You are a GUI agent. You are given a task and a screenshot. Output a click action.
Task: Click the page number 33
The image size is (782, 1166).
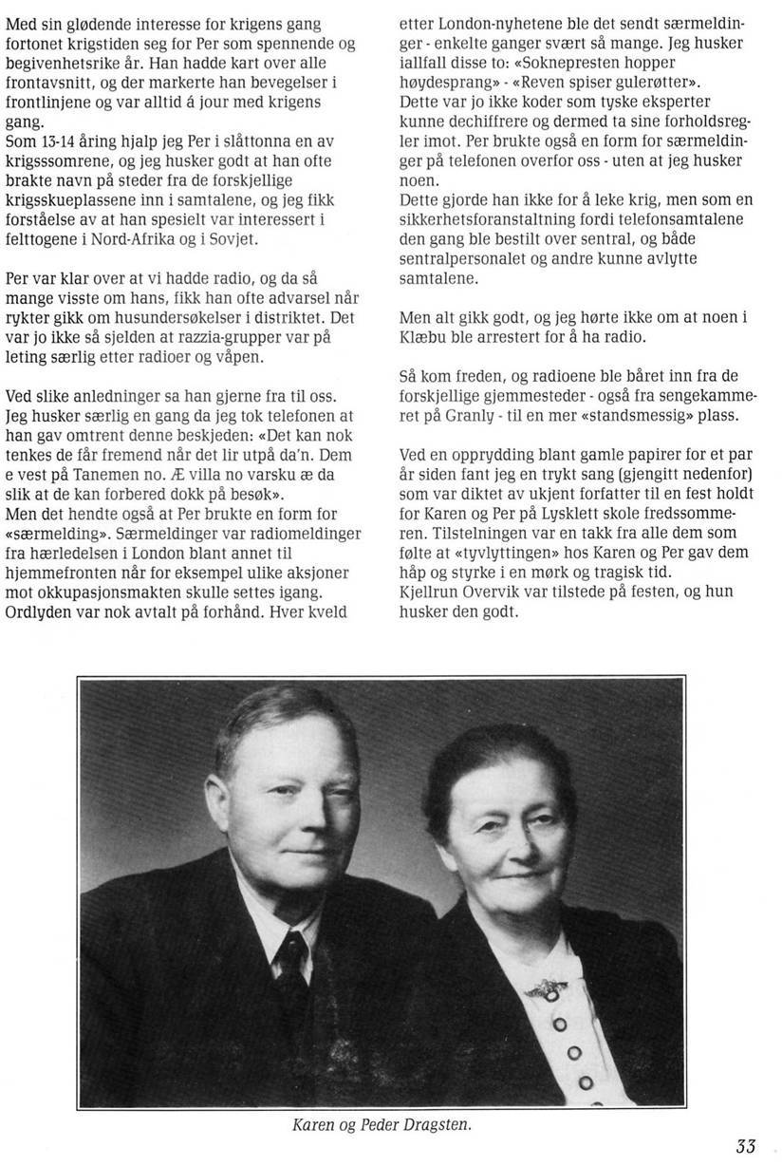pyautogui.click(x=745, y=1146)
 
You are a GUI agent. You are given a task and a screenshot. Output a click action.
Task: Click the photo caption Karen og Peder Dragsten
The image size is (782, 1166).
pyautogui.click(x=382, y=1124)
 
